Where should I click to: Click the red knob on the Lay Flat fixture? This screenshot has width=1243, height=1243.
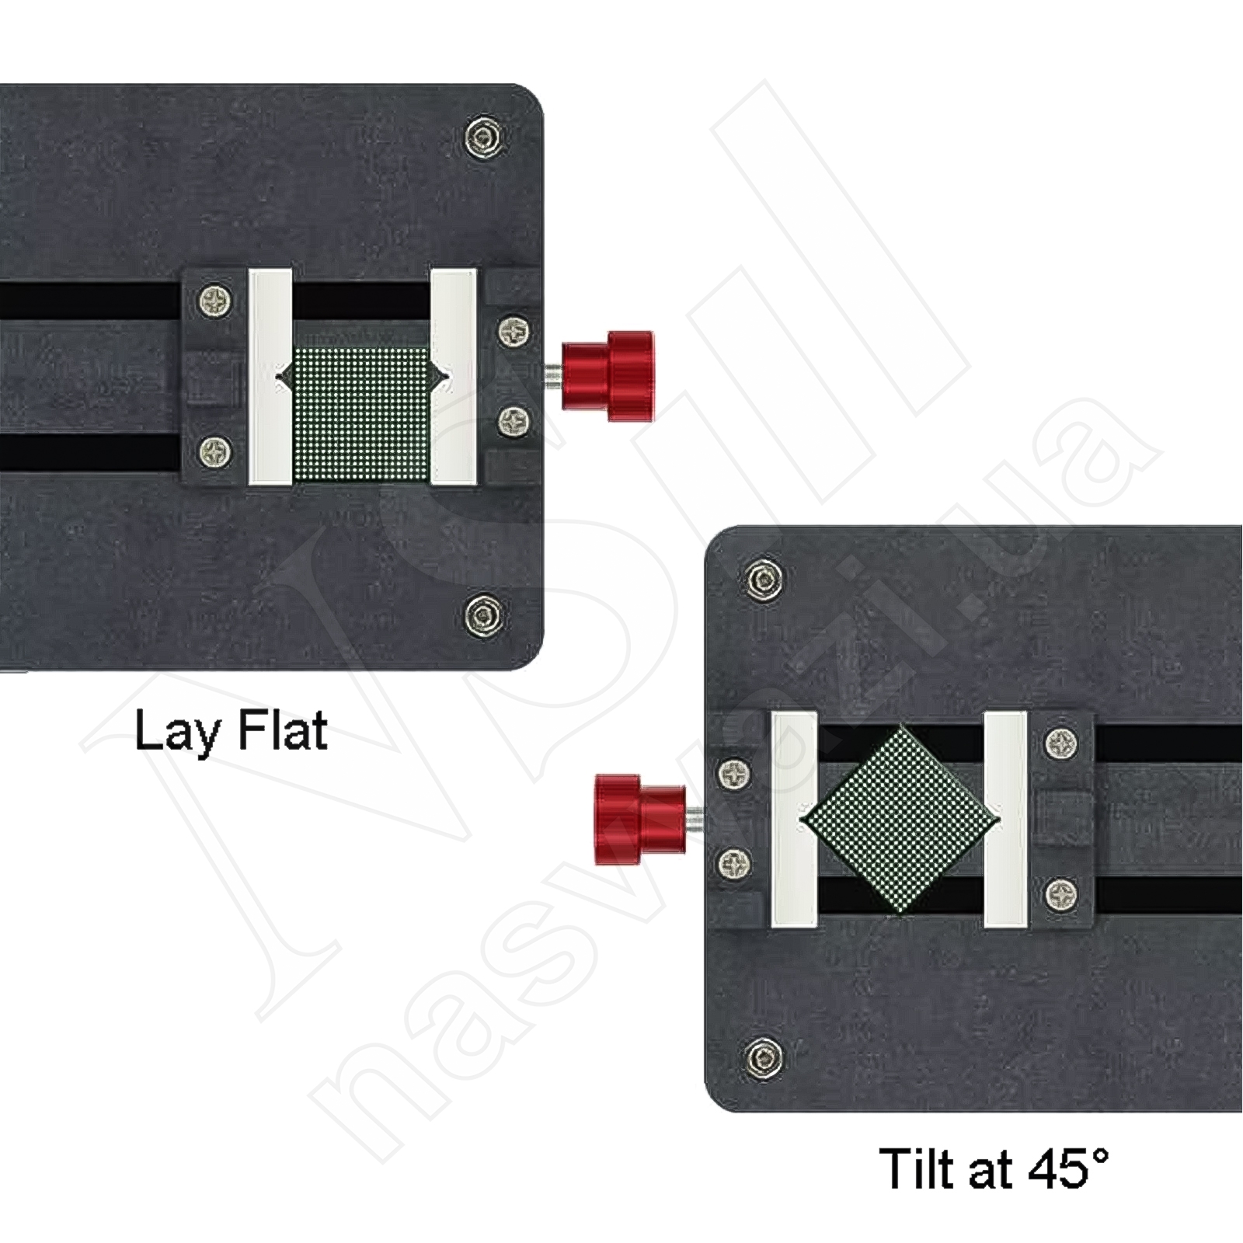tap(608, 377)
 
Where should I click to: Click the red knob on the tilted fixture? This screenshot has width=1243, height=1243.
tap(640, 819)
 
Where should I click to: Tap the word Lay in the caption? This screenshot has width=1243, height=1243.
tap(177, 733)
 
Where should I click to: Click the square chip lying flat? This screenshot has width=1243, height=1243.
tap(362, 414)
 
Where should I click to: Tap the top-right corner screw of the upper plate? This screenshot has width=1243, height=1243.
tap(483, 138)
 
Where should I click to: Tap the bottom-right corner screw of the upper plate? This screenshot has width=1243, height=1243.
tap(483, 615)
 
